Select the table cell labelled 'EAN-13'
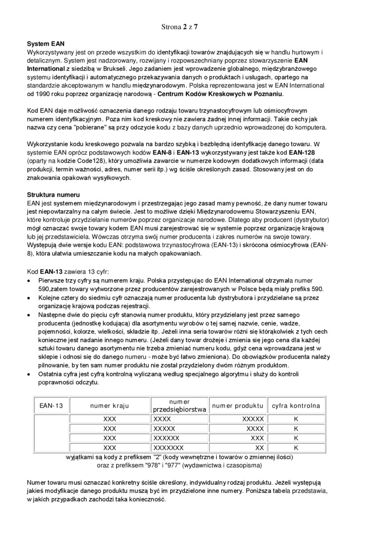click(51, 406)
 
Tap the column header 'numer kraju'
click(110, 406)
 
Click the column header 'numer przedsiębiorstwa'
click(179, 406)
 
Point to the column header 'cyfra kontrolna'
click(296, 406)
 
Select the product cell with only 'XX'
click(259, 448)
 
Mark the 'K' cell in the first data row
click(296, 419)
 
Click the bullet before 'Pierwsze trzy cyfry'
click(29, 281)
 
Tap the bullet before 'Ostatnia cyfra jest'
click(29, 374)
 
